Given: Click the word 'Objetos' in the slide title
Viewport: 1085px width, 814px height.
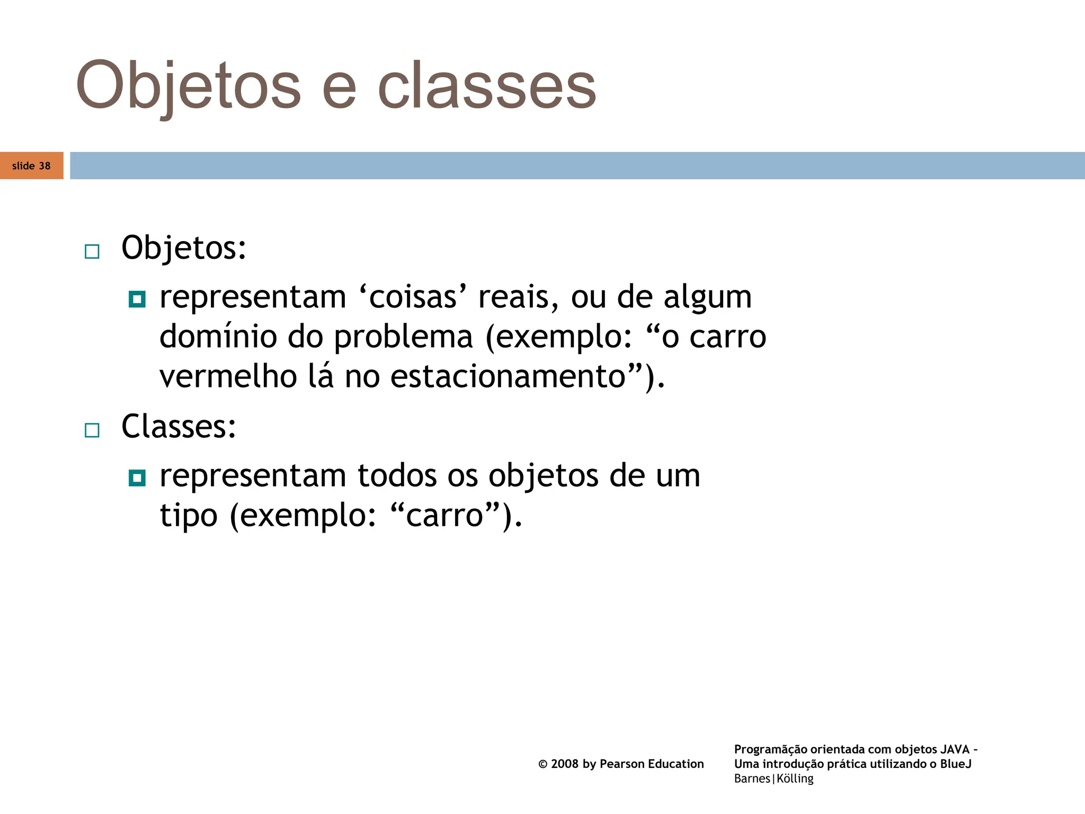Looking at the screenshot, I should click(188, 86).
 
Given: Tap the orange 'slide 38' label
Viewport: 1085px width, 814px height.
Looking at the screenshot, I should click(31, 166).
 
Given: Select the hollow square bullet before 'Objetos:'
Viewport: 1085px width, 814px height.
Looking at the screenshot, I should click(92, 251).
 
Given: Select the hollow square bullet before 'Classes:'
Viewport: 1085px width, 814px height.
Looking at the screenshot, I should click(92, 430).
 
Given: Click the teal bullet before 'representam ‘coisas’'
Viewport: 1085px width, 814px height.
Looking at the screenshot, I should click(137, 299).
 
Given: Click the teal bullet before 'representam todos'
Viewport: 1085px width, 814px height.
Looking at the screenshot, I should click(137, 478).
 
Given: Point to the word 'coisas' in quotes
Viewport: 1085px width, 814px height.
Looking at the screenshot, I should click(413, 297).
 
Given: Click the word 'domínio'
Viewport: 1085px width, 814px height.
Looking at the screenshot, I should click(218, 337).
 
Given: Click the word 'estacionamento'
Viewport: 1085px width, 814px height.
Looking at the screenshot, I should click(508, 377).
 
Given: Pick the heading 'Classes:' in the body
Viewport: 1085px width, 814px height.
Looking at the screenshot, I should click(179, 426).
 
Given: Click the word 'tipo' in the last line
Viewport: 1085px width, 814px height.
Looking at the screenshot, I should click(189, 515).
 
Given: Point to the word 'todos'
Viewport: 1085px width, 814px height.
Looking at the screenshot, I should click(396, 475).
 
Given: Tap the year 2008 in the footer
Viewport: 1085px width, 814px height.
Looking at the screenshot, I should click(564, 764).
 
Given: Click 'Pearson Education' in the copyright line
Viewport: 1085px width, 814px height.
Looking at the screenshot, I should click(652, 764).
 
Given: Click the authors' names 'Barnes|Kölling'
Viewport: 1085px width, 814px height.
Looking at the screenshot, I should click(773, 778).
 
